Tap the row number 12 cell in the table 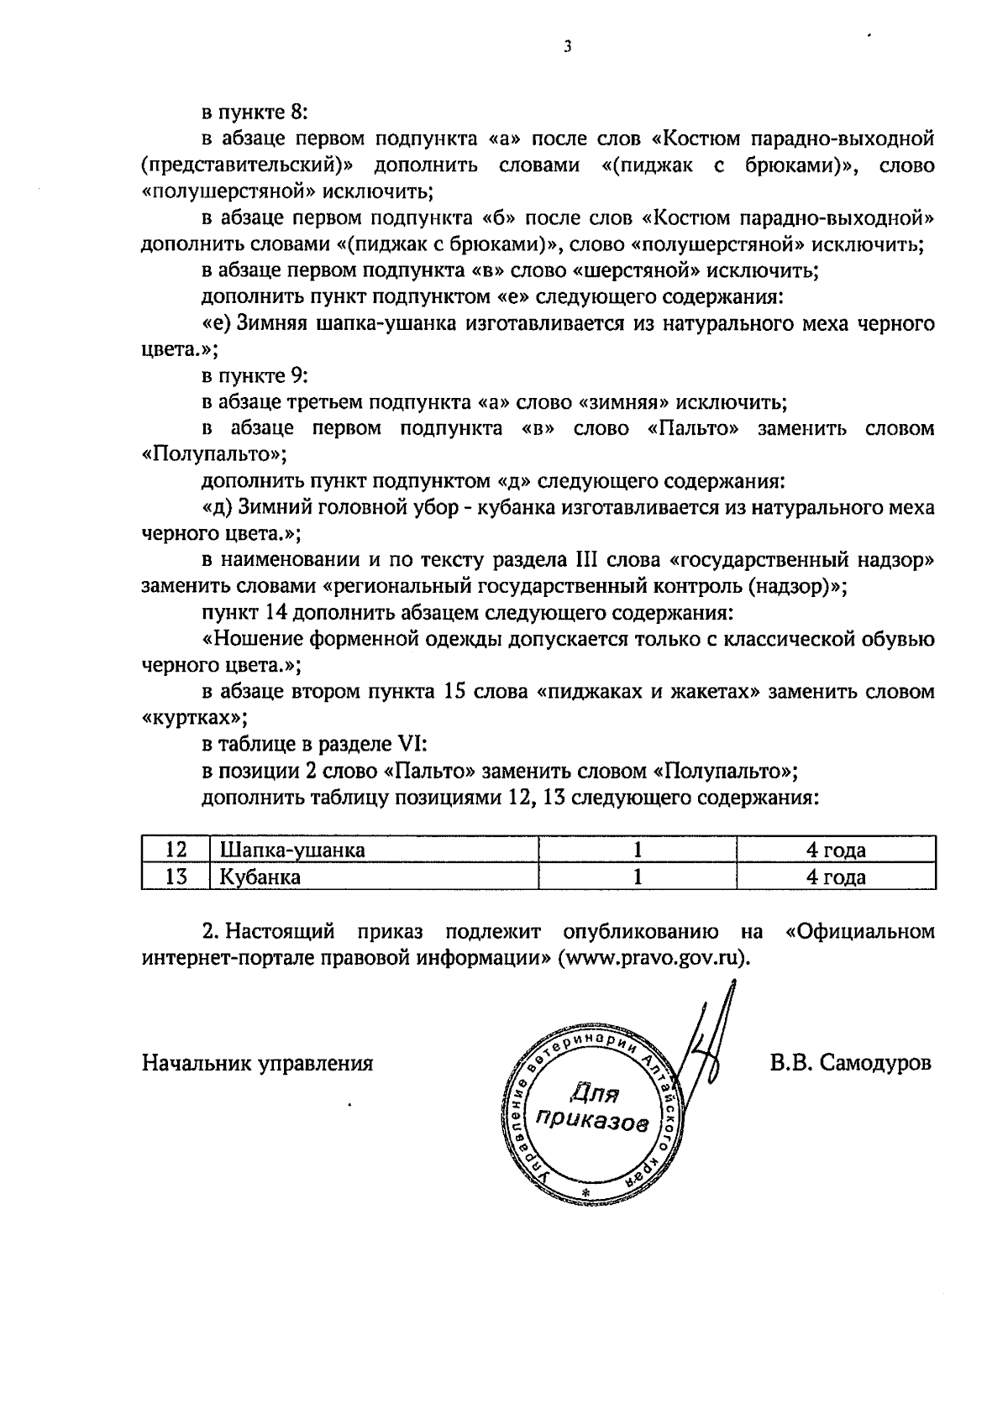click(x=175, y=850)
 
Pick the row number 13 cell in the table click(x=175, y=877)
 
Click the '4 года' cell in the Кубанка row click(x=836, y=877)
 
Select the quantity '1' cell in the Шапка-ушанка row click(x=638, y=850)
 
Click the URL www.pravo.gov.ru click(x=653, y=958)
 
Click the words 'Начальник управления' click(x=258, y=1064)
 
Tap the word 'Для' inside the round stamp click(x=594, y=1094)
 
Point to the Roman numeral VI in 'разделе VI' click(x=412, y=744)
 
